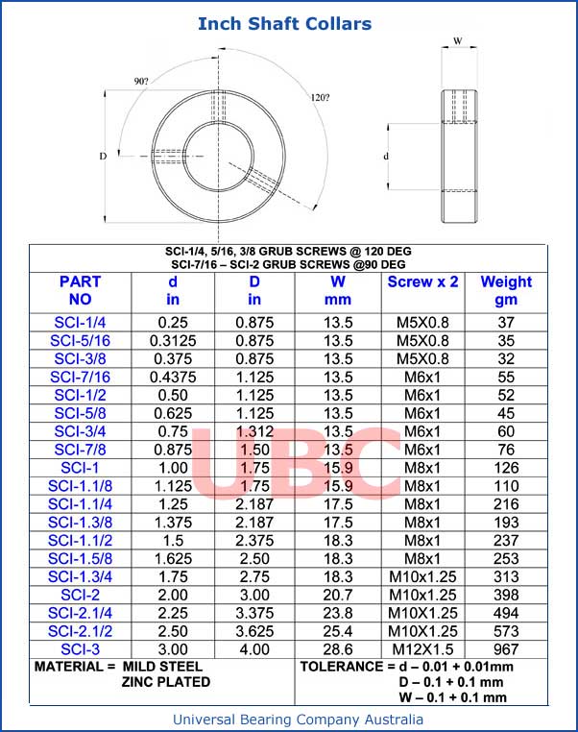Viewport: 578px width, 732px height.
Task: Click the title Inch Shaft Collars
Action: point(284,23)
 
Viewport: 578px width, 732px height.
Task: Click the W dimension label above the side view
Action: point(458,40)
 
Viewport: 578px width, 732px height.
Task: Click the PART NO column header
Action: point(80,291)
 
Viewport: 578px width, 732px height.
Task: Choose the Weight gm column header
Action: point(505,291)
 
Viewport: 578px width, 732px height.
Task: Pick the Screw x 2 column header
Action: point(422,282)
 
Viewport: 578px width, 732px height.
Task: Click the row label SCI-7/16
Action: point(80,378)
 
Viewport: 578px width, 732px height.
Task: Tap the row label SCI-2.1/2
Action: point(80,631)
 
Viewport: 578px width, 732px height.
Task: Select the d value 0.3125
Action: point(173,340)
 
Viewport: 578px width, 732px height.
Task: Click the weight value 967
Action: point(505,649)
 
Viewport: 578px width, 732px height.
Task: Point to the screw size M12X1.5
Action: point(422,649)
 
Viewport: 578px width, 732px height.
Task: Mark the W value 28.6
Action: point(338,649)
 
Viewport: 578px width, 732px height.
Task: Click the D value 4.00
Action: point(254,649)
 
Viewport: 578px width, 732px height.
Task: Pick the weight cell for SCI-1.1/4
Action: point(505,504)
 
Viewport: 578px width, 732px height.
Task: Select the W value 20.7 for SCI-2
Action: point(338,595)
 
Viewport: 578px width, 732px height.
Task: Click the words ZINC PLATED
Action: point(165,682)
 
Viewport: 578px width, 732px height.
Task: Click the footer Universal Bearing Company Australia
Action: point(298,719)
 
